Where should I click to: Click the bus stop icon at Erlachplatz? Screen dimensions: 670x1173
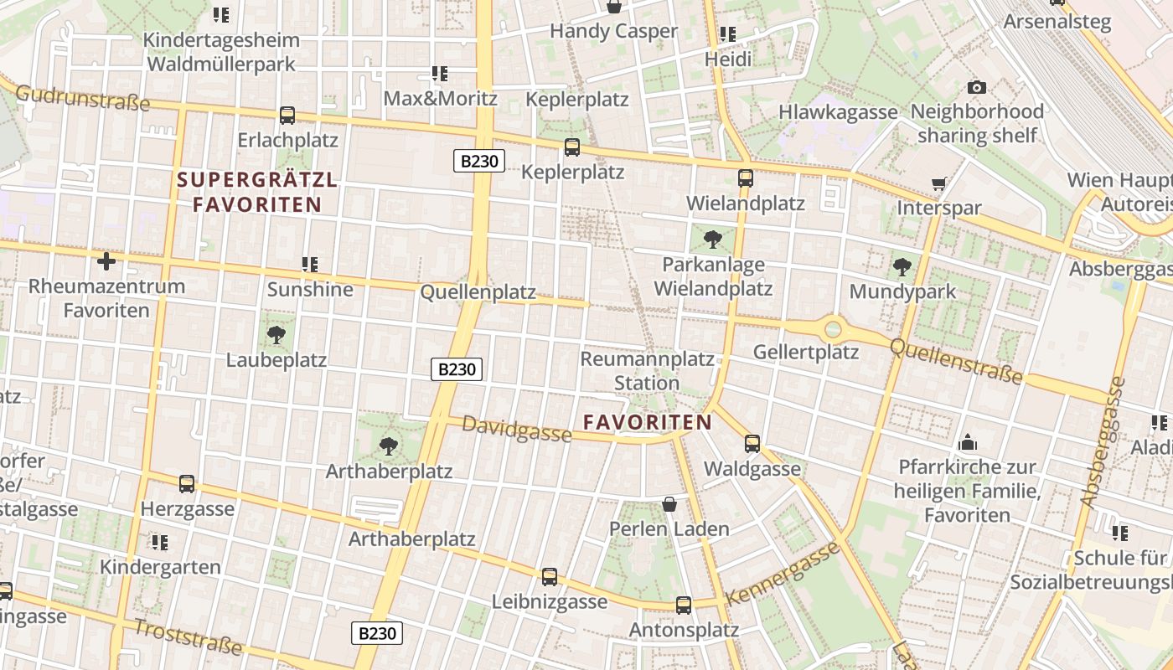[x=287, y=116]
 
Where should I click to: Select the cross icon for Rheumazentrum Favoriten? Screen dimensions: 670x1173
[x=106, y=261]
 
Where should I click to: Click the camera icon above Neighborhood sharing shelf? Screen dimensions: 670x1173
[x=976, y=87]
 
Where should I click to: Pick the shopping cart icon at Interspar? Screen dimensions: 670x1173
[x=939, y=183]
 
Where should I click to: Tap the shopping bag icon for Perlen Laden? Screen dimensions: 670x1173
[x=669, y=504]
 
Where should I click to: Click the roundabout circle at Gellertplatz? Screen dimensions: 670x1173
[x=833, y=329]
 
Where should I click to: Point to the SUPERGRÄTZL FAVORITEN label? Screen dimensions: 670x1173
[x=257, y=192]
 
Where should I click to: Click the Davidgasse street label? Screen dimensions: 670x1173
[x=517, y=430]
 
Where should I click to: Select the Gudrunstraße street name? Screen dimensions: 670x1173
[x=82, y=98]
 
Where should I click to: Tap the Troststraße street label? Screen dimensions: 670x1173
[x=188, y=637]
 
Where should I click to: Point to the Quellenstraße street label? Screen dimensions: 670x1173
[x=956, y=362]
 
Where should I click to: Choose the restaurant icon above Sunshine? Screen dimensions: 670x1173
[x=310, y=265]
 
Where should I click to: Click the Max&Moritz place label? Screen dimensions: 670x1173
[x=440, y=98]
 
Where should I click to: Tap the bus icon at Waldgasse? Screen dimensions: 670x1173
[x=752, y=444]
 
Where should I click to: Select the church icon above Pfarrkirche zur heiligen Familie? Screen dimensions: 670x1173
[x=968, y=442]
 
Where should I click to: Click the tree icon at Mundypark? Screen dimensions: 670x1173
[x=902, y=267]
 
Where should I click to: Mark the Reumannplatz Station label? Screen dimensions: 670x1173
[x=647, y=371]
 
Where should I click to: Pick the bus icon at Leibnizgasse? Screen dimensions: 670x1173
[x=550, y=577]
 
